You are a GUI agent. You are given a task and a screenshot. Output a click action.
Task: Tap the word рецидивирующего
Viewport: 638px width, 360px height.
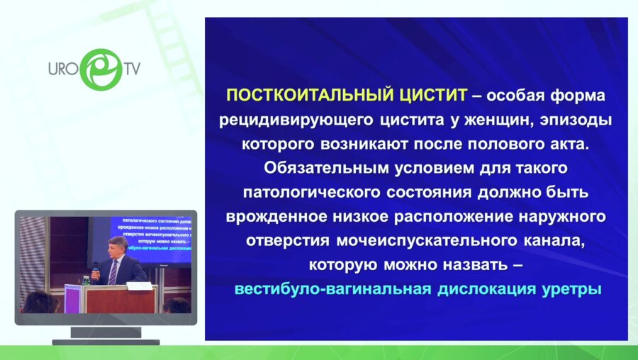tap(288, 120)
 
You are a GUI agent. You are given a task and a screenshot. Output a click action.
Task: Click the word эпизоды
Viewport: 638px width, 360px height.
tap(568, 120)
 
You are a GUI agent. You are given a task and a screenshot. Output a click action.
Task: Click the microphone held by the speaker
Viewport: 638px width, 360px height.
tap(96, 269)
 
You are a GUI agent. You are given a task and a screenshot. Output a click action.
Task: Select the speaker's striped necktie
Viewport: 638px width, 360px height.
tap(112, 273)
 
